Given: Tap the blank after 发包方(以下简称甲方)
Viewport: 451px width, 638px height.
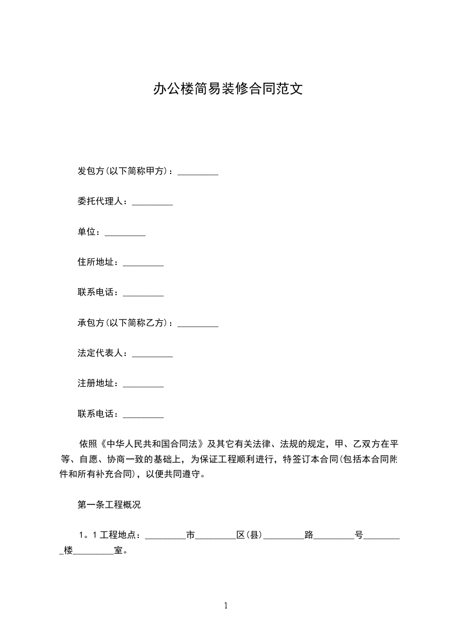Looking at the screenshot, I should tap(198, 172).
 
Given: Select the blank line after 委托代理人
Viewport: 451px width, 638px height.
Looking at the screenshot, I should tap(152, 202).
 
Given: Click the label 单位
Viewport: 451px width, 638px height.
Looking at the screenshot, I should tap(89, 232).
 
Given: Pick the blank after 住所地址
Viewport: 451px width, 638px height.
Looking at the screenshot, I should tap(143, 263).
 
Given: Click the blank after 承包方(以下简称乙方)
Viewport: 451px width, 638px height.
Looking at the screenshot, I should tap(198, 324).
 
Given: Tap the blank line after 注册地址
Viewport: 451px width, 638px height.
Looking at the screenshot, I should tap(143, 384).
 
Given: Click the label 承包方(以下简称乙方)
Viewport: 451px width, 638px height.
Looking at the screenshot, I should tap(125, 323).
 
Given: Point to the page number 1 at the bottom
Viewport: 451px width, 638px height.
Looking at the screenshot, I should tap(226, 606).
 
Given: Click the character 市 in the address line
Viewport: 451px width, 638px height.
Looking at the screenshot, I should tap(191, 535).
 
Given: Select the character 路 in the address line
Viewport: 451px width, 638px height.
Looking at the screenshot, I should tap(309, 535).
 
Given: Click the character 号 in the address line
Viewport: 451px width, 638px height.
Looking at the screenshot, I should tap(359, 535).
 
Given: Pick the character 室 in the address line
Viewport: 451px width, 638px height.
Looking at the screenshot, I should tap(119, 551).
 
